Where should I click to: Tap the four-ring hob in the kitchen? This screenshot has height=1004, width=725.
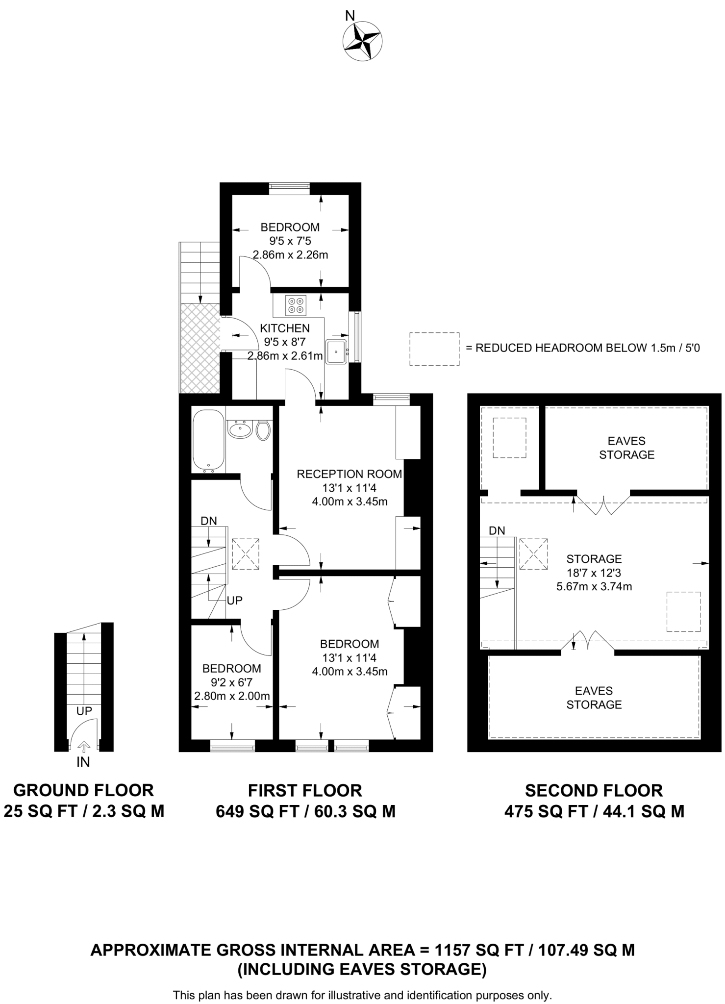tap(296, 305)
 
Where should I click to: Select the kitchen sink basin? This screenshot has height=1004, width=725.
tap(336, 351)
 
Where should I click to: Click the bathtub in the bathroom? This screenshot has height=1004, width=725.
tap(209, 441)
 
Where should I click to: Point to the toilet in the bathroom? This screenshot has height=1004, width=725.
tap(263, 430)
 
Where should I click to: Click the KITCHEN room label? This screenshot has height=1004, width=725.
tap(285, 328)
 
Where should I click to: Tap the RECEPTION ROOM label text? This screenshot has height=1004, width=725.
tap(349, 474)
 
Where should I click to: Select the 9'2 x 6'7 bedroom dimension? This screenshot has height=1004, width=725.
tap(232, 682)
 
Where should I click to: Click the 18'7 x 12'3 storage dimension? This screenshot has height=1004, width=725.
tap(594, 572)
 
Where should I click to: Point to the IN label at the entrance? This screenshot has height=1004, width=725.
tap(83, 762)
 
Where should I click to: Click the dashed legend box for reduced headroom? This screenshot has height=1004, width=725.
tap(434, 349)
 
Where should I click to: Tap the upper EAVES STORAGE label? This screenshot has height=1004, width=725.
tap(626, 448)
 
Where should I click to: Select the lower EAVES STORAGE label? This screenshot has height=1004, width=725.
tap(594, 698)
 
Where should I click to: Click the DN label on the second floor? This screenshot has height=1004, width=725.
tap(497, 530)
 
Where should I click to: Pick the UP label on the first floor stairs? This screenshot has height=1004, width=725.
tap(234, 600)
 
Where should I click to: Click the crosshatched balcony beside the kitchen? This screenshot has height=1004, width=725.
tap(199, 348)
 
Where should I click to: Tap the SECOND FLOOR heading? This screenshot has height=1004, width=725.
tap(594, 791)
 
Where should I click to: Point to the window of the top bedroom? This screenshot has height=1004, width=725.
tap(290, 186)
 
